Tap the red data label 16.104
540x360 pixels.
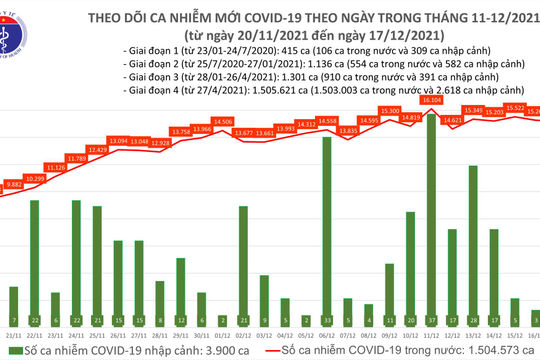tap(432, 101)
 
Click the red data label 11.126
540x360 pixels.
tap(56, 167)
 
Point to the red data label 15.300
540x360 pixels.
tap(390, 111)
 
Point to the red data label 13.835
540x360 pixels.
tap(348, 131)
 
